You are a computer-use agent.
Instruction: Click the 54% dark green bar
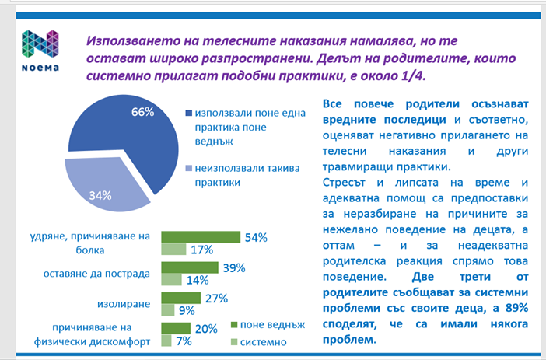[199, 237]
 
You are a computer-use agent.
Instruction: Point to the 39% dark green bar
[189, 267]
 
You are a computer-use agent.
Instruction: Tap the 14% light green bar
[170, 280]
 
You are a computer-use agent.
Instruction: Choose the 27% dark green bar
[180, 299]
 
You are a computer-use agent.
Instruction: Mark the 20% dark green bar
[177, 328]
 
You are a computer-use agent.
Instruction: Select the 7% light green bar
[166, 341]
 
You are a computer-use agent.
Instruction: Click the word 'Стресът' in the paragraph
[343, 182]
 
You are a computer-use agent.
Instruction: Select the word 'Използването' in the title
[135, 39]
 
